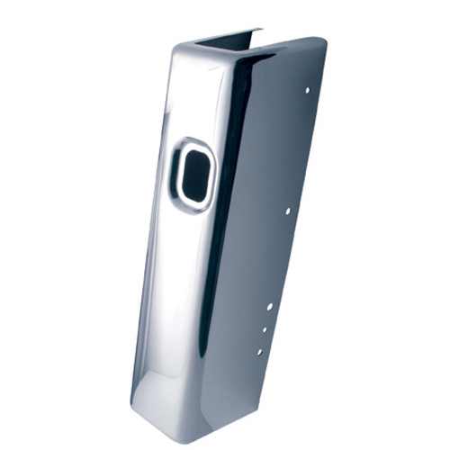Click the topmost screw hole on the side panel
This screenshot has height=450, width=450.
pyautogui.click(x=308, y=91)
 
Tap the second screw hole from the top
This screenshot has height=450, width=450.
pyautogui.click(x=287, y=211)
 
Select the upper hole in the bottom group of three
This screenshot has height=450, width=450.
pyautogui.click(x=271, y=307)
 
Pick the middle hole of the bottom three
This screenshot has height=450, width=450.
pyautogui.click(x=265, y=329)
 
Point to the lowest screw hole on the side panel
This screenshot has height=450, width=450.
pyautogui.click(x=259, y=351)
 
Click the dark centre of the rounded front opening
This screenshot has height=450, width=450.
pyautogui.click(x=193, y=173)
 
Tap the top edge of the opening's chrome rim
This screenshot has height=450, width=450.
pyautogui.click(x=194, y=141)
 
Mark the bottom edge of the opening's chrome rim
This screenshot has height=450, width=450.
pyautogui.click(x=191, y=210)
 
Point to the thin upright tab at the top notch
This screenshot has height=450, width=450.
pyautogui.click(x=258, y=37)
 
